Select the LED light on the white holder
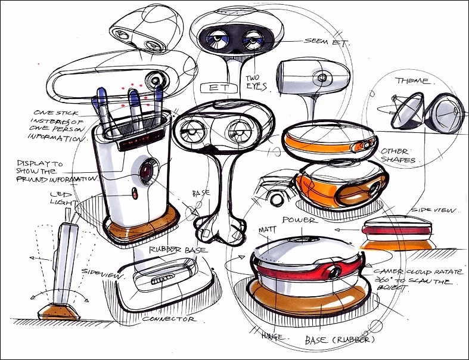point(135,194)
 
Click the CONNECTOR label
point(170,319)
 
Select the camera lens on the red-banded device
point(332,272)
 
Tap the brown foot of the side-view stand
point(57,311)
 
